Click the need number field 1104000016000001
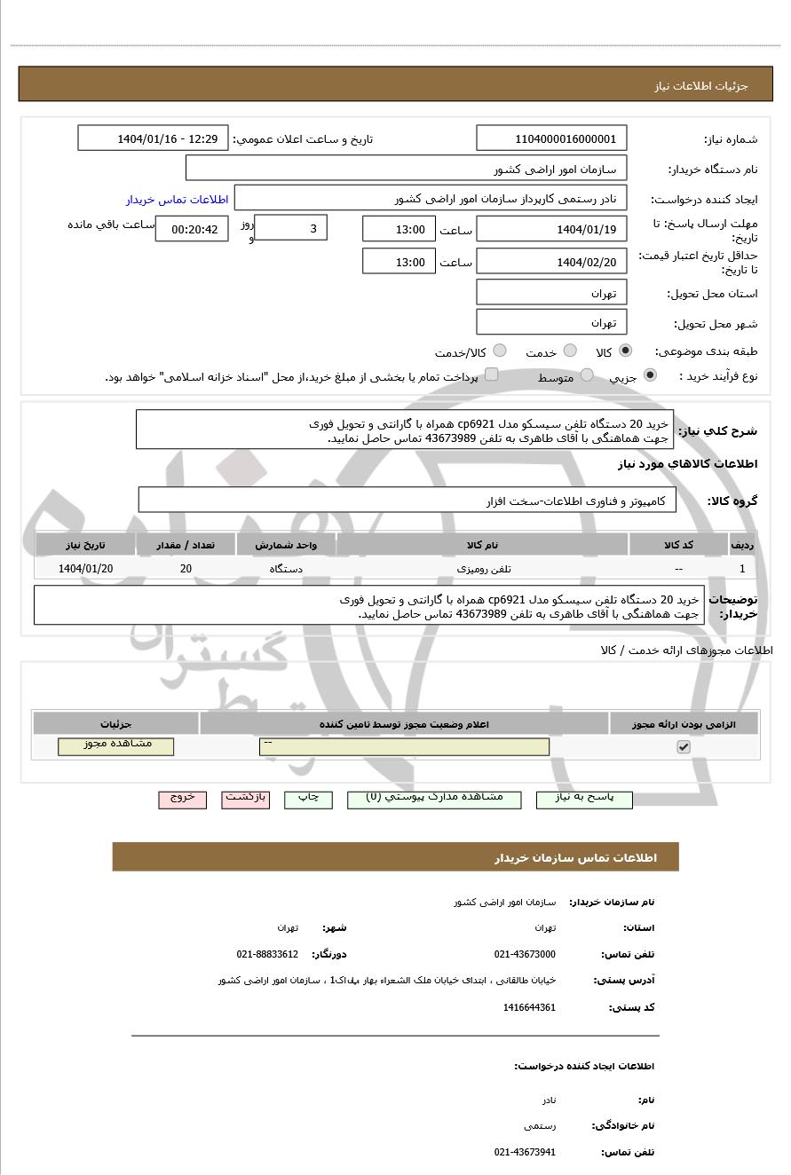pyautogui.click(x=551, y=138)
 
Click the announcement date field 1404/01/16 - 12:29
pyautogui.click(x=154, y=138)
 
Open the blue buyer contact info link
pyautogui.click(x=177, y=200)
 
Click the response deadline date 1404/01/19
pyautogui.click(x=551, y=230)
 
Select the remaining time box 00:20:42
pyautogui.click(x=192, y=229)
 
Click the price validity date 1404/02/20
pyautogui.click(x=551, y=262)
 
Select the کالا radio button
pyautogui.click(x=626, y=351)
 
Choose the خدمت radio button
pyautogui.click(x=570, y=351)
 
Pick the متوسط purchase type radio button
pyautogui.click(x=587, y=375)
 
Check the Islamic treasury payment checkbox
pyautogui.click(x=491, y=375)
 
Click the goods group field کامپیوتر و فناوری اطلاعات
pyautogui.click(x=407, y=501)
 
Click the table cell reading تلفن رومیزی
pyautogui.click(x=482, y=569)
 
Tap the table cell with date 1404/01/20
pyautogui.click(x=85, y=569)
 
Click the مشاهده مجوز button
pyautogui.click(x=116, y=745)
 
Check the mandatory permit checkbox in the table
pyautogui.click(x=683, y=747)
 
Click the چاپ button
pyautogui.click(x=308, y=799)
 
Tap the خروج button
pyautogui.click(x=183, y=799)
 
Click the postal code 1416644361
pyautogui.click(x=529, y=1007)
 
